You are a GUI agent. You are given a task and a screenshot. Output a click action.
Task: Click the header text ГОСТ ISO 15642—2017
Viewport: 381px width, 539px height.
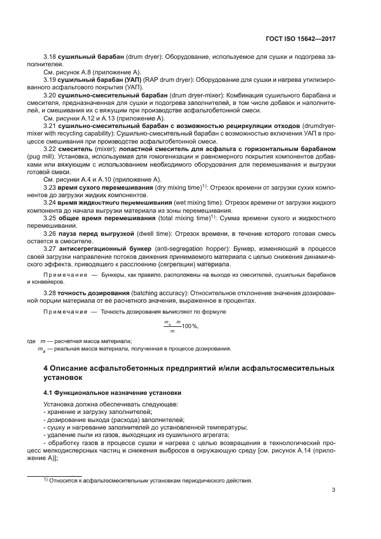302,39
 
